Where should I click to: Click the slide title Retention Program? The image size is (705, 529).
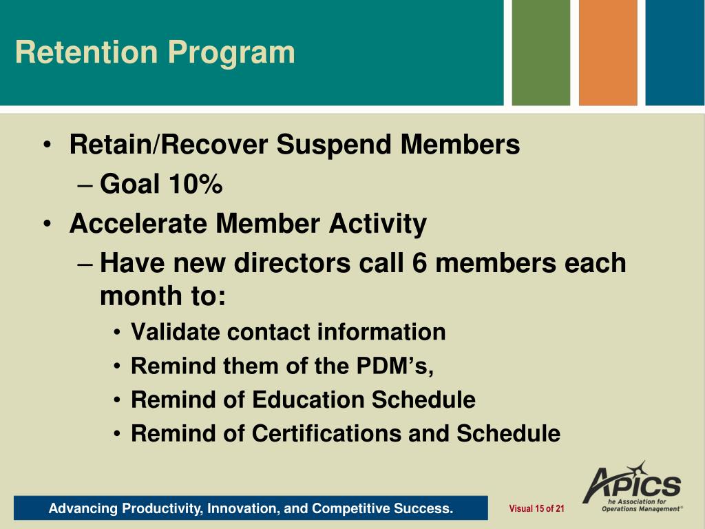coord(155,53)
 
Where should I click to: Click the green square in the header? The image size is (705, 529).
coord(541,52)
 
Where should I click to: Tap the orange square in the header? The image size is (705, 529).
coord(608,52)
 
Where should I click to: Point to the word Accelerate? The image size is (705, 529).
coord(138,224)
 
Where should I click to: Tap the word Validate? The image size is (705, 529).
coord(176,332)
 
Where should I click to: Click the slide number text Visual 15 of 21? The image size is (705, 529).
coord(536,509)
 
